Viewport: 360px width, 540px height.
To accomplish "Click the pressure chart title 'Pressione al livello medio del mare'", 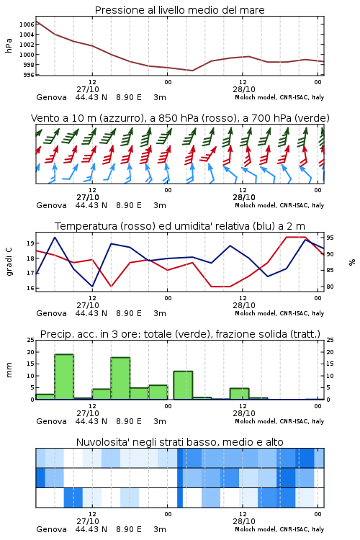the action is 179,10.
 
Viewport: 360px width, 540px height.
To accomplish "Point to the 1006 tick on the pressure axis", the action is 27,24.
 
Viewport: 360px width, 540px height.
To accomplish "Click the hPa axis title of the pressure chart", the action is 9,45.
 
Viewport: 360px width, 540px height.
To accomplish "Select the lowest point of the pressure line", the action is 192,71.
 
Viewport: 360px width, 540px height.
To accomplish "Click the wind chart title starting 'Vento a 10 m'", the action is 180,118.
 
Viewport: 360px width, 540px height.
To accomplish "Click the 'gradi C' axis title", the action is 9,262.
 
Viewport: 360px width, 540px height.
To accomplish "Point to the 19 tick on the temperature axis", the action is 30,243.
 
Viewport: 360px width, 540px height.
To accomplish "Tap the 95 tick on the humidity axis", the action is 330,238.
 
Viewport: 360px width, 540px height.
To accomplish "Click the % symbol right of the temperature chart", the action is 352,262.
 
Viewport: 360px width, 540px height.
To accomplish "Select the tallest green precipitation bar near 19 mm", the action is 64,377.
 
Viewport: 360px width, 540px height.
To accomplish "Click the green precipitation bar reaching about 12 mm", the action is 183,385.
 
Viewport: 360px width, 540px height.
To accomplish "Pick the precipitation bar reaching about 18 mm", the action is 120,378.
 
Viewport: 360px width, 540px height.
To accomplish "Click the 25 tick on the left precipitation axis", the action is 30,340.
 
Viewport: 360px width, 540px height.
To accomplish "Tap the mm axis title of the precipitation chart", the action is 9,370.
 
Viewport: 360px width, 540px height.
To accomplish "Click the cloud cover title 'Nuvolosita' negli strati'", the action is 179,442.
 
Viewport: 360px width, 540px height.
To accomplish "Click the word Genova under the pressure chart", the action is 51,97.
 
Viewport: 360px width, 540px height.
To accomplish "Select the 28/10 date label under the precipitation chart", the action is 244,413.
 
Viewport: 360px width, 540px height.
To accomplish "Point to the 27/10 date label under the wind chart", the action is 88,197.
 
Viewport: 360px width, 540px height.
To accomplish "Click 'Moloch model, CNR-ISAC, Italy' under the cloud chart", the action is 279,529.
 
